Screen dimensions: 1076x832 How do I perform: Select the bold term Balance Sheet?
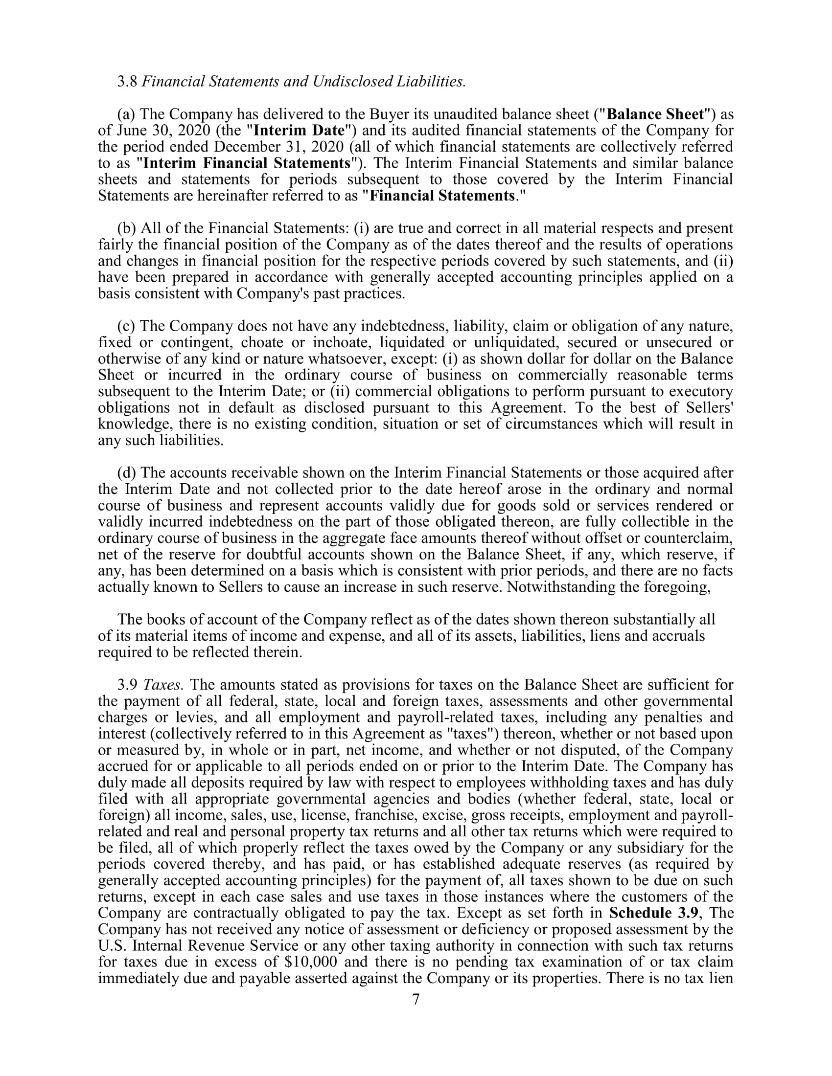[x=655, y=114]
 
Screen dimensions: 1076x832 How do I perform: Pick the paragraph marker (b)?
[x=127, y=228]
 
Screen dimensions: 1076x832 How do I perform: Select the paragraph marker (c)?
[x=126, y=326]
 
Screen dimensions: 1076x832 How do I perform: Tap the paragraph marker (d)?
[x=127, y=473]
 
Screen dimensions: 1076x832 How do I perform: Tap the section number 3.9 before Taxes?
[x=127, y=685]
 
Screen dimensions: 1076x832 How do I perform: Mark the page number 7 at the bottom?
[x=416, y=1000]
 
